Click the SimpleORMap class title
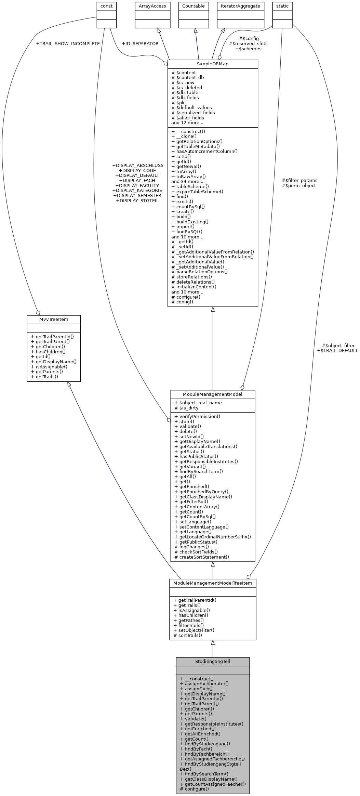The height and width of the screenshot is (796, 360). click(212, 64)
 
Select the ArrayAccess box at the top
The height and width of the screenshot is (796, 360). click(152, 6)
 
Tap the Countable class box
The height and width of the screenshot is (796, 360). click(194, 6)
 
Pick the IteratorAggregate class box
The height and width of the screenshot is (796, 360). click(240, 6)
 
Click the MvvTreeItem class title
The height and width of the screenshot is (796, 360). click(54, 319)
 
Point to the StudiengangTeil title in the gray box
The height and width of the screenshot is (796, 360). click(213, 662)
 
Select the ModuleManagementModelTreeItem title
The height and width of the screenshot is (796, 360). click(213, 583)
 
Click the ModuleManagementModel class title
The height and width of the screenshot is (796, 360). click(213, 394)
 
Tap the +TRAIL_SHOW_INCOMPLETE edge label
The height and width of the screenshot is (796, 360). click(68, 44)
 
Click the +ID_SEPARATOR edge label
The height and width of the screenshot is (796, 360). click(140, 44)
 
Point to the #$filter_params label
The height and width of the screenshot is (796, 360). click(299, 181)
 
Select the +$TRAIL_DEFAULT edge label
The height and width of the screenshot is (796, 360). click(337, 351)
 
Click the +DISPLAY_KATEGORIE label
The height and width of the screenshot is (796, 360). click(137, 191)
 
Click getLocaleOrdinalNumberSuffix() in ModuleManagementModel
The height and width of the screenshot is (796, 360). click(215, 537)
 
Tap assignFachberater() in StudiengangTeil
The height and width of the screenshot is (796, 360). click(206, 684)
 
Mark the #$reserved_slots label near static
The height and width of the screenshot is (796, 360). click(248, 44)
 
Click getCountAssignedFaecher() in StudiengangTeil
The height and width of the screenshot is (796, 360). click(215, 784)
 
